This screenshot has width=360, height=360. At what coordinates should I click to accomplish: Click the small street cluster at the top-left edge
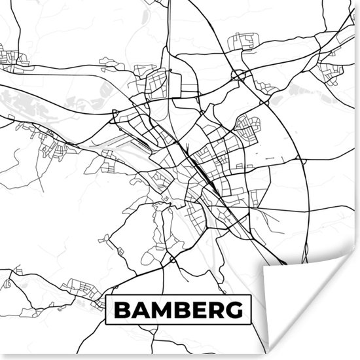pyautogui.click(x=13, y=59)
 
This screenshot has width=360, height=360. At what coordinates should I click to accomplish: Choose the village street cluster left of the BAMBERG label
pyautogui.click(x=82, y=288)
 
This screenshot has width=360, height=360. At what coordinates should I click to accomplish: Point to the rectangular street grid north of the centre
pyautogui.click(x=157, y=85)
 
